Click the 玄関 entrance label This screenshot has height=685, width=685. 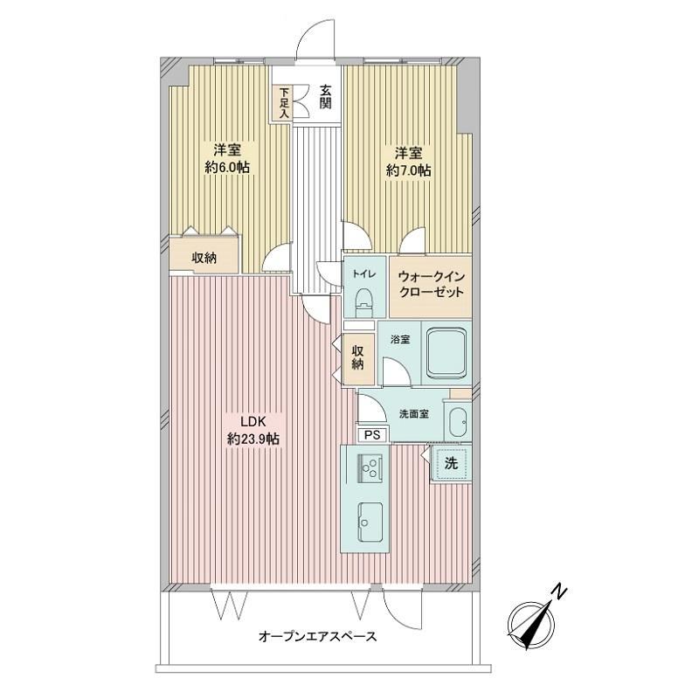[x=326, y=97]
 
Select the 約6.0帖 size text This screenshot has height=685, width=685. [x=227, y=167]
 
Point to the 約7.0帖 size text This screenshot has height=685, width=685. [x=409, y=170]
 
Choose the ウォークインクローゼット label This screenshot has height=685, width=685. [x=431, y=285]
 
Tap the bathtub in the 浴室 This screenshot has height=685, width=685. [x=446, y=352]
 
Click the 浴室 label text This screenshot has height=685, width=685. [x=400, y=339]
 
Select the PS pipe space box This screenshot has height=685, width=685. [x=372, y=435]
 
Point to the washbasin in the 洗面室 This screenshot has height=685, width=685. [x=458, y=421]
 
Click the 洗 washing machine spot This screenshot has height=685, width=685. [x=451, y=463]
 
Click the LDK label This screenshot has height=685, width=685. [x=253, y=421]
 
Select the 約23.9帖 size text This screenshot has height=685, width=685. [x=253, y=439]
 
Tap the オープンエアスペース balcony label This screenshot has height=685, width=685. [x=318, y=636]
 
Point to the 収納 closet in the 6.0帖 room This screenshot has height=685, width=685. [x=204, y=259]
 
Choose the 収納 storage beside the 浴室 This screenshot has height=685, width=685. [x=358, y=358]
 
